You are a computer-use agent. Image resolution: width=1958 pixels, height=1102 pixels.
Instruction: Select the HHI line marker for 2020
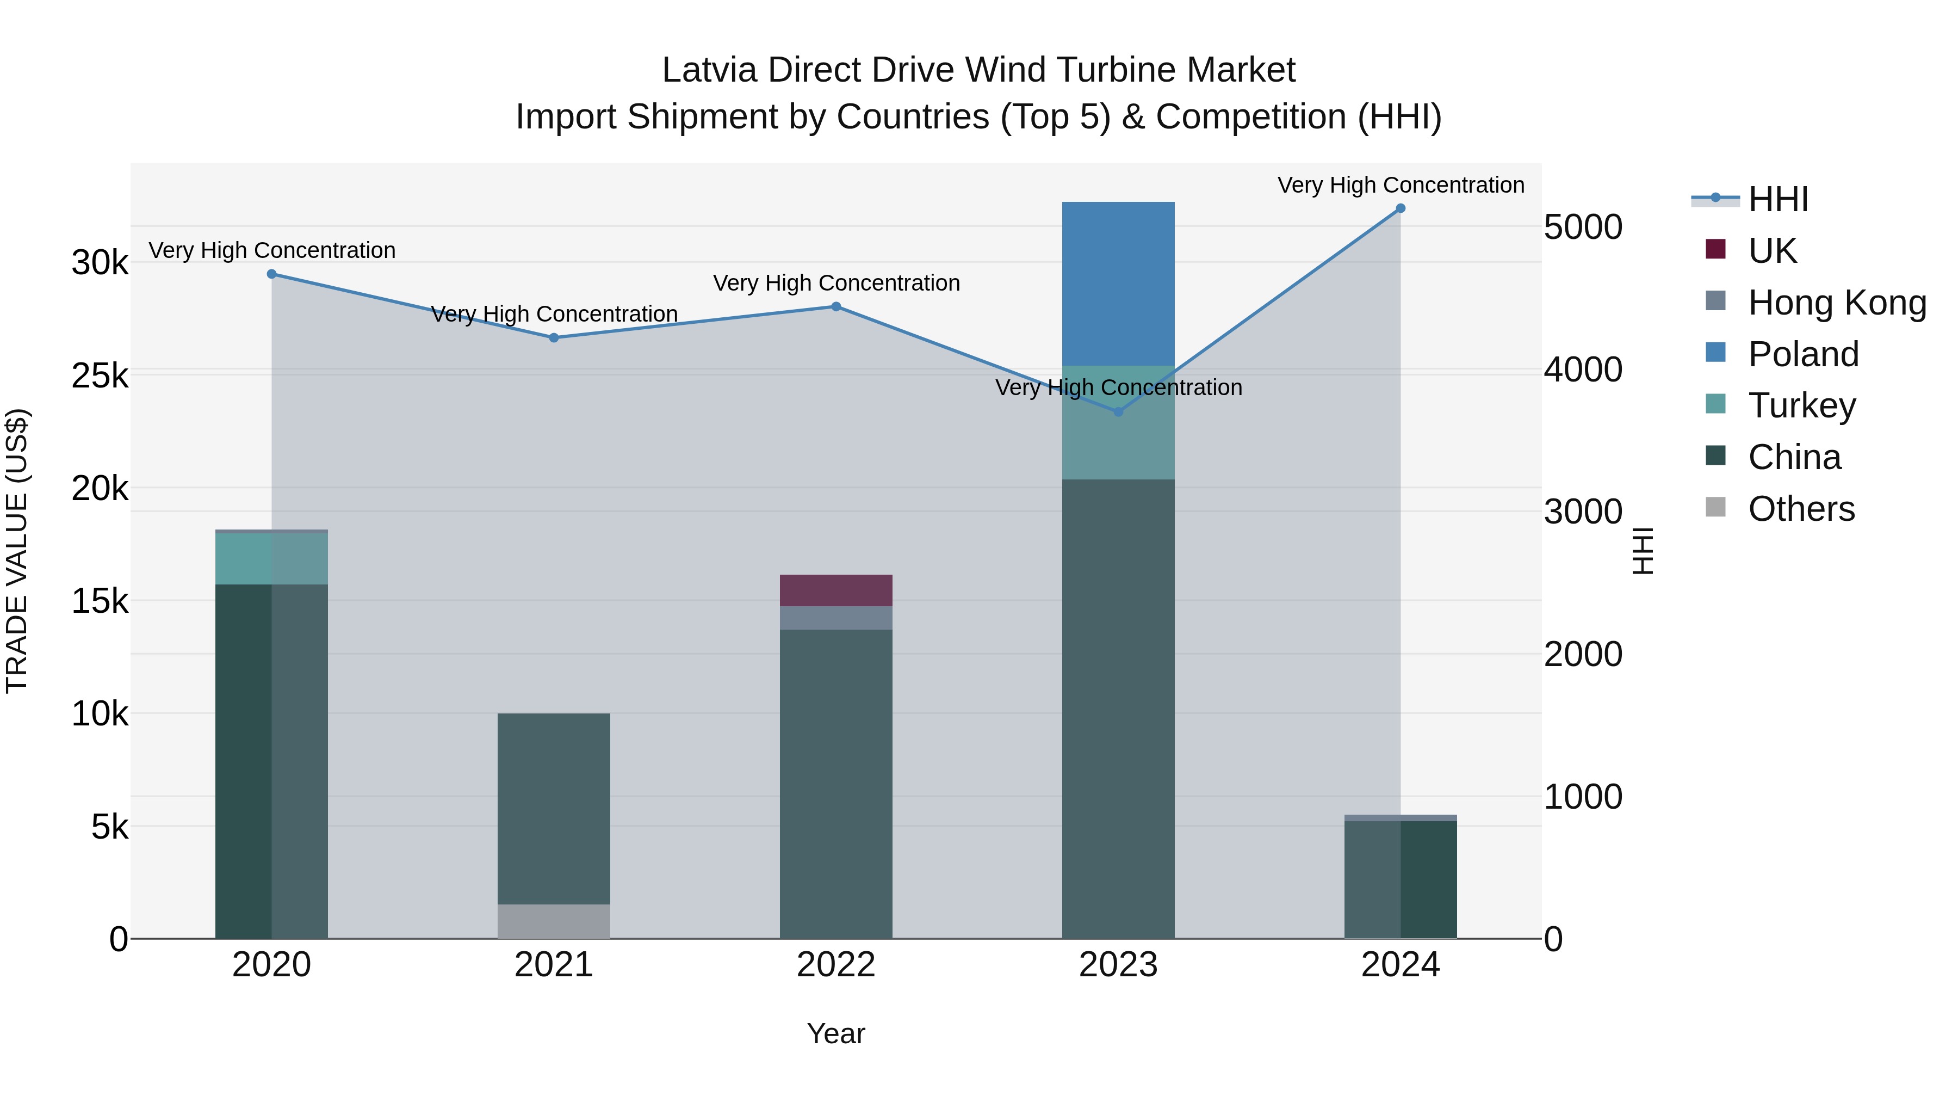[271, 274]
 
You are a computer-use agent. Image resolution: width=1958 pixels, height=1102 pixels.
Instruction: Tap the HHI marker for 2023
[1118, 412]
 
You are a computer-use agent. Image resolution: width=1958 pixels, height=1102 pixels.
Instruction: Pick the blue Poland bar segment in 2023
[1118, 283]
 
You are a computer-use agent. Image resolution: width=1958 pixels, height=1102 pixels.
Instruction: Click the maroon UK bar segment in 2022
[835, 590]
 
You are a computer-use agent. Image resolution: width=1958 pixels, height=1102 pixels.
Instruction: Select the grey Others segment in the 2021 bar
[553, 921]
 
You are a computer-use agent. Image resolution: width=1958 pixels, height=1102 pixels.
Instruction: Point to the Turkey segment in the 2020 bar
[271, 558]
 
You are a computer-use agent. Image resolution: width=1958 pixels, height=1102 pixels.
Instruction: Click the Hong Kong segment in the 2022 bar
[835, 618]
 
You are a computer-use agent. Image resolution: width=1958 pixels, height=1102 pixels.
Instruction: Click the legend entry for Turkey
[1801, 405]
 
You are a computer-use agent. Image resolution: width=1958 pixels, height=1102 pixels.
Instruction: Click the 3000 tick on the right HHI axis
[1583, 512]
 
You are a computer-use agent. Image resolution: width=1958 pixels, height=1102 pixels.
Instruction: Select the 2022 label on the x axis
[835, 965]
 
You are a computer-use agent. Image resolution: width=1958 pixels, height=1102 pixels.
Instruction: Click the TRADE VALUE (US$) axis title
[17, 551]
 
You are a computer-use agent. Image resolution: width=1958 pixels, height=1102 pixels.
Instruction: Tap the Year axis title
[835, 1033]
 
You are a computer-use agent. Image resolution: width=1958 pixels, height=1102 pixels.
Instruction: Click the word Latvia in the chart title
[709, 70]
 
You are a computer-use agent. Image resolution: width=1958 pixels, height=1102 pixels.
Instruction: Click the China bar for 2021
[553, 809]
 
